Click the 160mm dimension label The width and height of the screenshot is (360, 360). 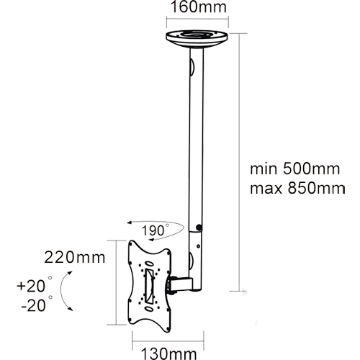point(199,7)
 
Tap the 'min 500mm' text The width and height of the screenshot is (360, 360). point(295,169)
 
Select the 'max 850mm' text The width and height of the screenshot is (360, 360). point(297,189)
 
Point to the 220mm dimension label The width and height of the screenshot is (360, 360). point(75,258)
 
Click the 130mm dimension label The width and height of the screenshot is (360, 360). point(168,354)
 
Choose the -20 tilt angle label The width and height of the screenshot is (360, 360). point(36,305)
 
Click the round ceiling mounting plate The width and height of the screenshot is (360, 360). point(197,39)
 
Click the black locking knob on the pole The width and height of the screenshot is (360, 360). point(199,227)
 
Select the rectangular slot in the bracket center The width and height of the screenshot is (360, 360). point(148,286)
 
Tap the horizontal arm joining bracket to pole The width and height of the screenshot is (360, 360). point(181,284)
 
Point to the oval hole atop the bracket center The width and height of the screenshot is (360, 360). point(149,264)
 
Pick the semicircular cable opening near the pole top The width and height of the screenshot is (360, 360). point(192,66)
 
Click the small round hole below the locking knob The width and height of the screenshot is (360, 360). point(198,246)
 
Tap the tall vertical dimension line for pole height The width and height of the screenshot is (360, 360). point(240,162)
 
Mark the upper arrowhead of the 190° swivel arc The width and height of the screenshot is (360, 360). point(130,222)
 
